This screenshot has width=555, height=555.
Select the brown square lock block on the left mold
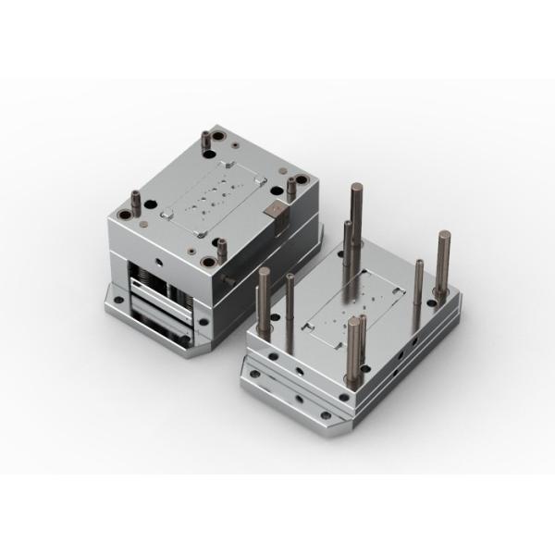pyautogui.click(x=276, y=212)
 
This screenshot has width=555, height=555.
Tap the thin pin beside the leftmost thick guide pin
pyautogui.click(x=290, y=301)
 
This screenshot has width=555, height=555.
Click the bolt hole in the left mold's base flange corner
pyautogui.click(x=117, y=300)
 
